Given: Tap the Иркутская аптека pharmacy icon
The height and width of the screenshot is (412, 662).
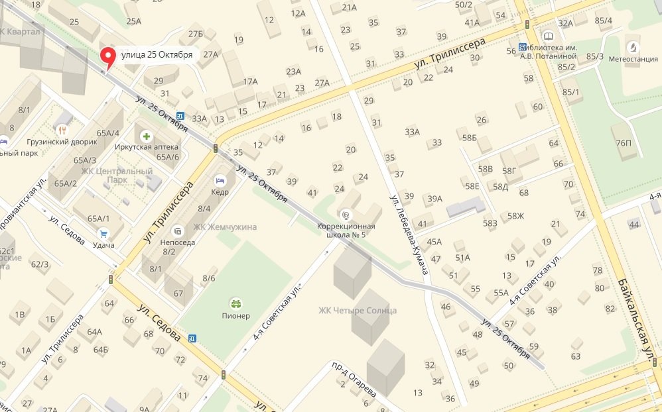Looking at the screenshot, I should click(x=147, y=136).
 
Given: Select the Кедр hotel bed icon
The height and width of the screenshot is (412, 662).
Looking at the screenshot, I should click(x=220, y=180).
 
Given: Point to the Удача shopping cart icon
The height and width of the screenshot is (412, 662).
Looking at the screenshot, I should click(x=103, y=233).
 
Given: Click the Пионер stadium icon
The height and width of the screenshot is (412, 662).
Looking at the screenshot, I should click(x=235, y=303).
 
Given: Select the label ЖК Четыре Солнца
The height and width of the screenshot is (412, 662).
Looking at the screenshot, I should click(x=358, y=311).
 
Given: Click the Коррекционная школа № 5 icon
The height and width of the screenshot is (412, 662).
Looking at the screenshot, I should click(x=344, y=215).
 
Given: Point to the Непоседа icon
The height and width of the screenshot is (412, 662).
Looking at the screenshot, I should click(x=177, y=231).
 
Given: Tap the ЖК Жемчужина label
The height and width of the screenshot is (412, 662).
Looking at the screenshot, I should click(x=224, y=227).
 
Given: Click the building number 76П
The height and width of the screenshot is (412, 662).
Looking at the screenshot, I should click(x=623, y=143).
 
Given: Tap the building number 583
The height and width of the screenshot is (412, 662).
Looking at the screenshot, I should click(x=490, y=224).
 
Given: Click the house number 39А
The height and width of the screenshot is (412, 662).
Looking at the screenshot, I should click(x=434, y=199).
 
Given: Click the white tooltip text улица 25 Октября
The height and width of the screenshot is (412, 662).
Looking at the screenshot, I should click(x=157, y=55).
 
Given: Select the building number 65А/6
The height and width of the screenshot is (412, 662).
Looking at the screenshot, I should click(x=168, y=157).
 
